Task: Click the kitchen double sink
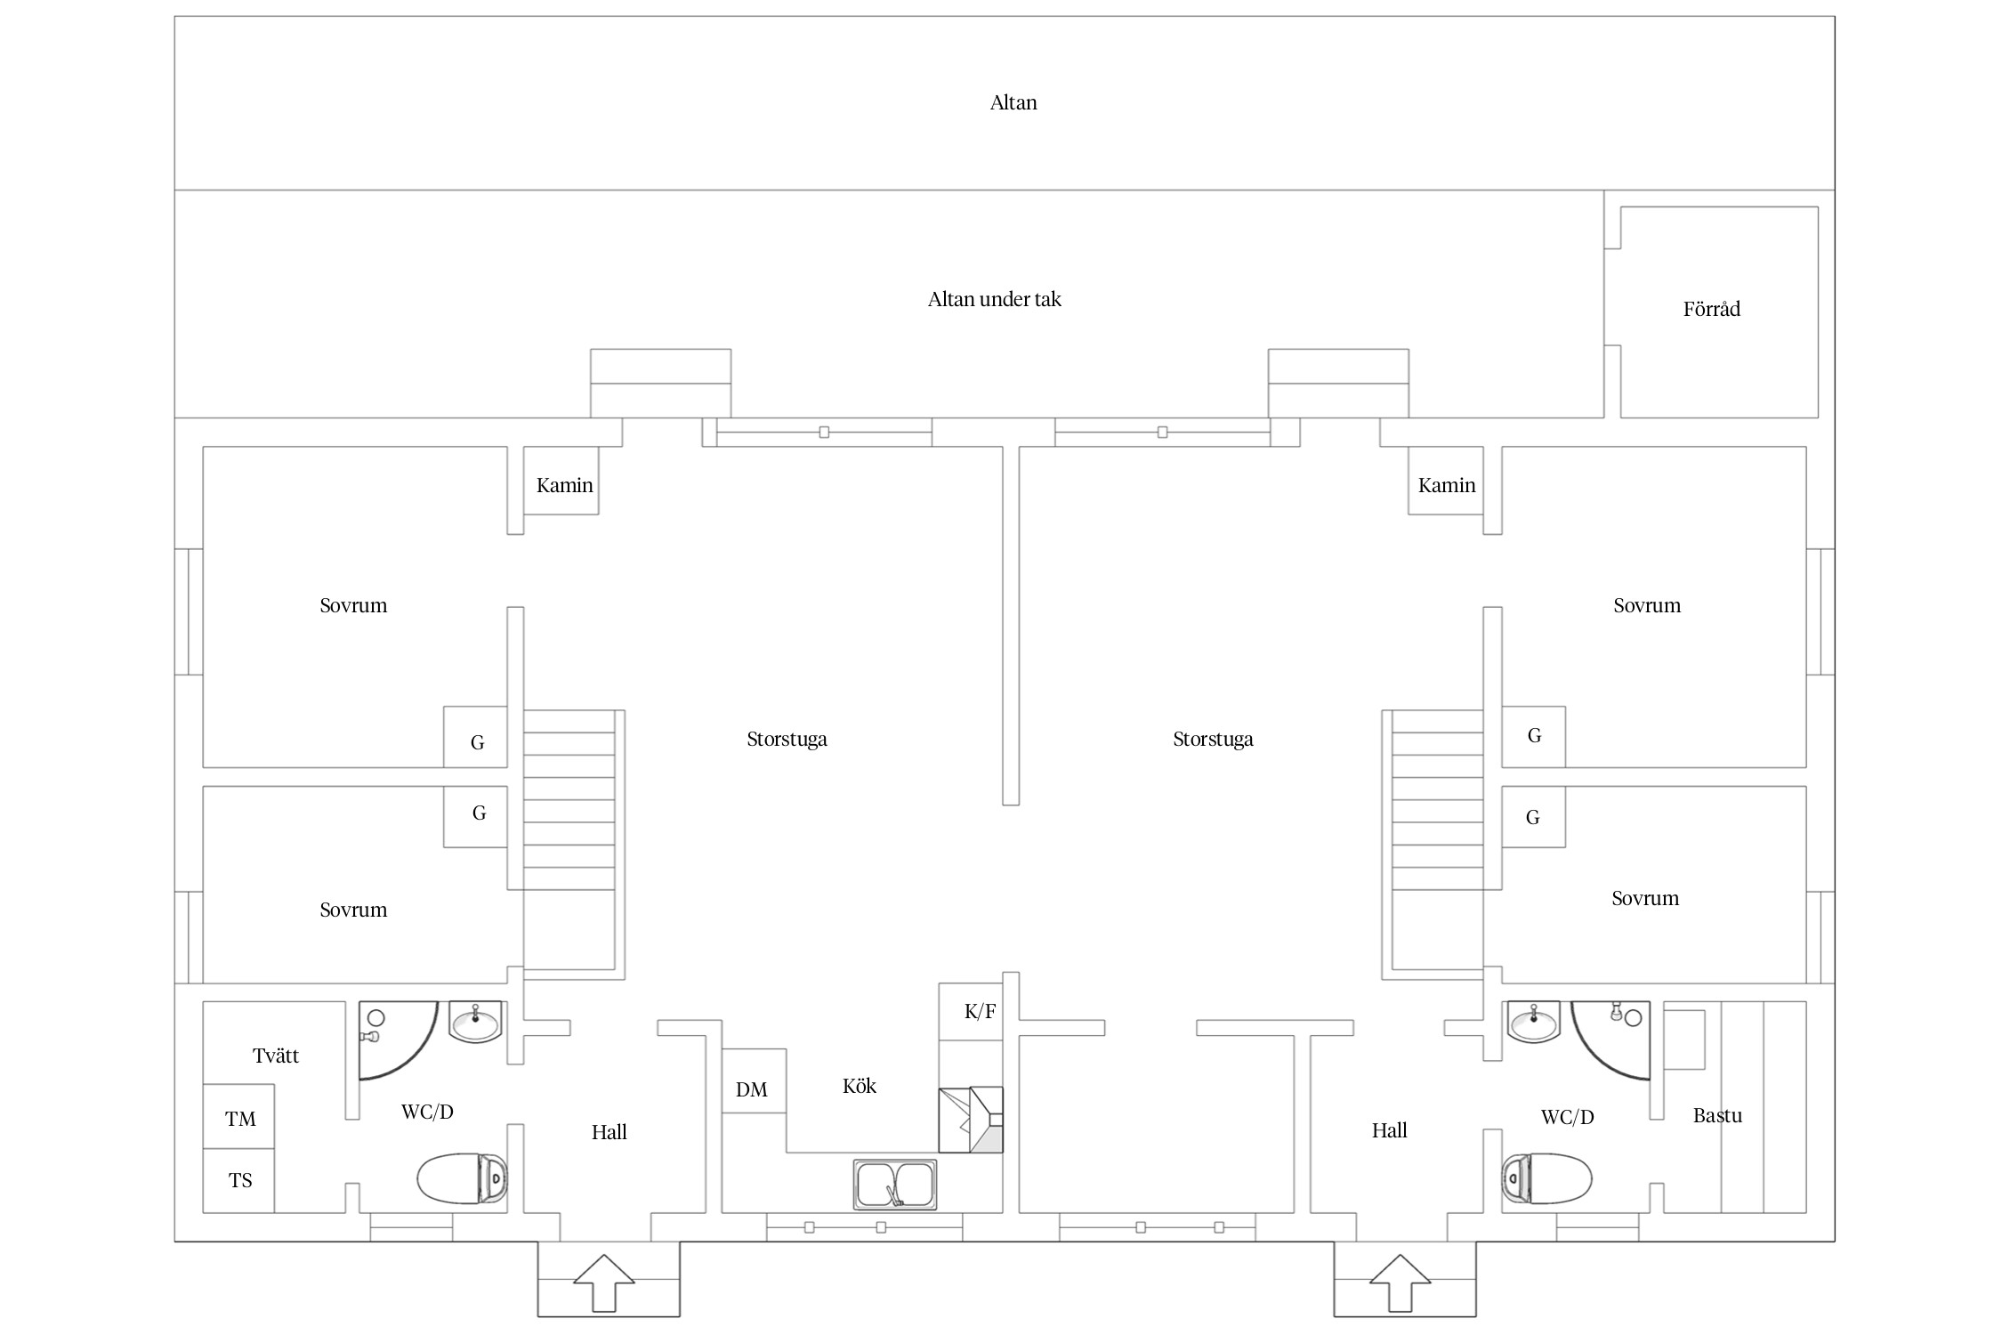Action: (x=895, y=1185)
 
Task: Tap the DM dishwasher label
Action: (x=752, y=1089)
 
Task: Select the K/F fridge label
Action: (x=980, y=1011)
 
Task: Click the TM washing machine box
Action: (x=238, y=1116)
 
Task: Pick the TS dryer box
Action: (x=238, y=1181)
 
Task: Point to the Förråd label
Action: (x=1711, y=309)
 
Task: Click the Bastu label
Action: (x=1717, y=1115)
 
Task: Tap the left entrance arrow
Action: (x=604, y=1282)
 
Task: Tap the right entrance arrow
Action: (x=1401, y=1282)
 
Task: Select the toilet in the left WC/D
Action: (x=462, y=1178)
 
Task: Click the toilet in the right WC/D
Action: (x=1546, y=1178)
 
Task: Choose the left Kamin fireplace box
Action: (x=561, y=481)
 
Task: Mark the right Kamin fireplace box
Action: (x=1446, y=481)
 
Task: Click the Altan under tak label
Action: (x=995, y=299)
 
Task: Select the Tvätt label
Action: (x=276, y=1056)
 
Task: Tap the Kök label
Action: (x=860, y=1086)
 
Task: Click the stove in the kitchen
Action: (x=971, y=1120)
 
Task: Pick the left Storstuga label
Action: (x=787, y=739)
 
